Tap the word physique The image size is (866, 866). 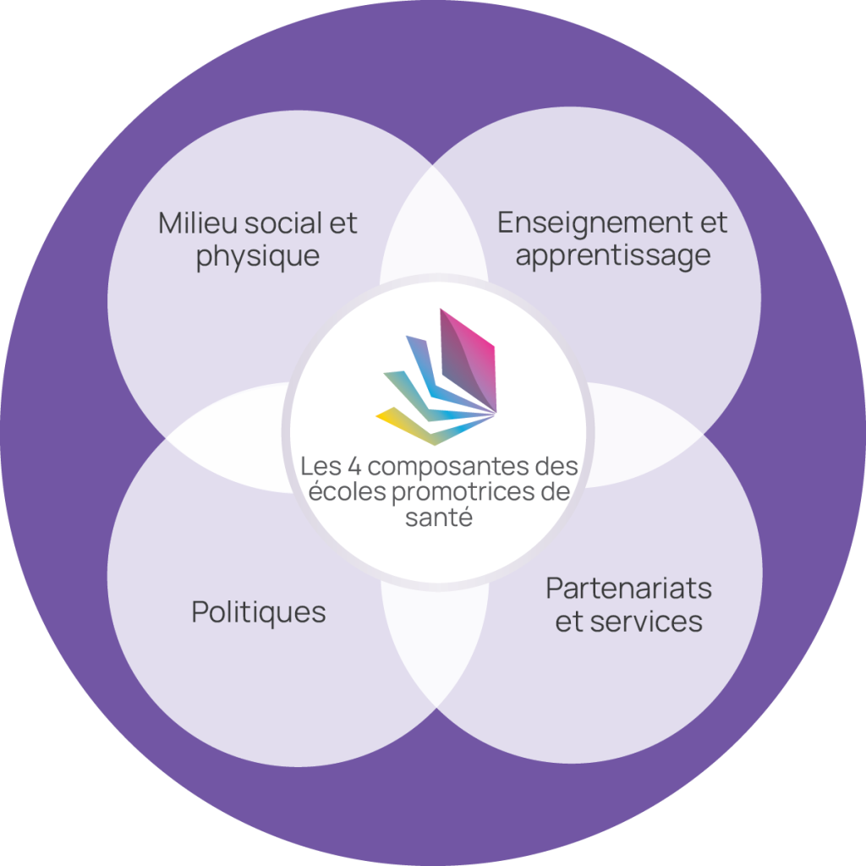[258, 255]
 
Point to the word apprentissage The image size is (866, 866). [613, 255]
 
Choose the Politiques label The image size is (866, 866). [259, 611]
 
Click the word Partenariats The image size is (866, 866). [628, 587]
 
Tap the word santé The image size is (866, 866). [438, 517]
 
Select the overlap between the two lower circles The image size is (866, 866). [433, 643]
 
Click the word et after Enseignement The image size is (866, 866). [710, 223]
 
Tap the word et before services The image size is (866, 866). [570, 622]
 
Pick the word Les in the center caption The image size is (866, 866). [318, 466]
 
